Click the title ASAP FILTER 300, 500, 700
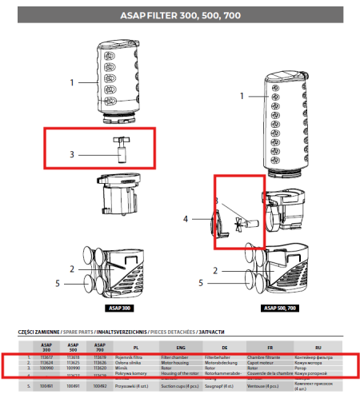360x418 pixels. tap(179, 15)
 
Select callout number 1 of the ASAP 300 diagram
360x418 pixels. tap(71, 82)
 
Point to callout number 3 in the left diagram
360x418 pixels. tap(71, 153)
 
